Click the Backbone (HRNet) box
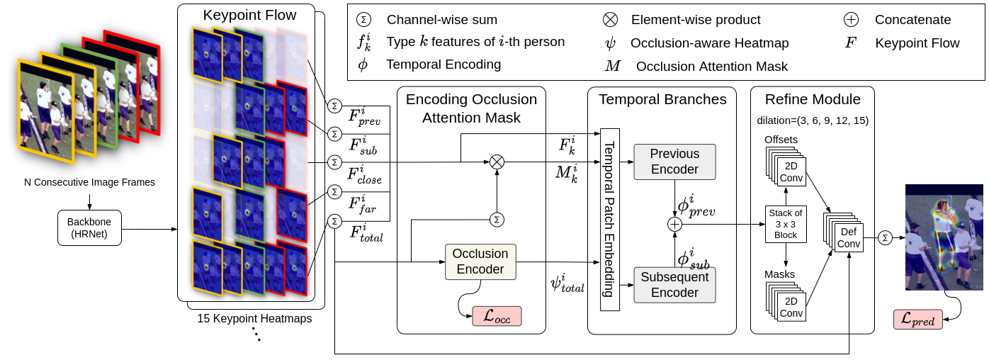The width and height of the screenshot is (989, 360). (x=89, y=228)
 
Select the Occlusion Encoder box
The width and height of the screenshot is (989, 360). (x=480, y=261)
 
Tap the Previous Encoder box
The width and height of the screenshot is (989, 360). (x=674, y=162)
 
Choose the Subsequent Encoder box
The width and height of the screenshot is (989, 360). (x=674, y=285)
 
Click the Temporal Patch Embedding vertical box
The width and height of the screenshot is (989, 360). (x=609, y=219)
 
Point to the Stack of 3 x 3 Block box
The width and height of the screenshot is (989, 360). (x=786, y=224)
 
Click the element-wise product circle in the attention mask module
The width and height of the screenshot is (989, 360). (x=497, y=162)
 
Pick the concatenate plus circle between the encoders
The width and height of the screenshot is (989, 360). (x=674, y=224)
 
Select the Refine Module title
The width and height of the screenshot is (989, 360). (x=812, y=99)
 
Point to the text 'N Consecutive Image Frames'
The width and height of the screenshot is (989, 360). (x=89, y=182)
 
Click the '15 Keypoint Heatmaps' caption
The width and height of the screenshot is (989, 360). (x=255, y=318)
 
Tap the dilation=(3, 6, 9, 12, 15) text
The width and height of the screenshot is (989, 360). (x=812, y=120)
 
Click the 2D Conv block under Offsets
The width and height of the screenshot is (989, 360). (x=791, y=172)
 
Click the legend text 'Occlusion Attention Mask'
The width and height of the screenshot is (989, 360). (x=711, y=67)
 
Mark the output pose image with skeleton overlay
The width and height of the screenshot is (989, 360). (x=944, y=237)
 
